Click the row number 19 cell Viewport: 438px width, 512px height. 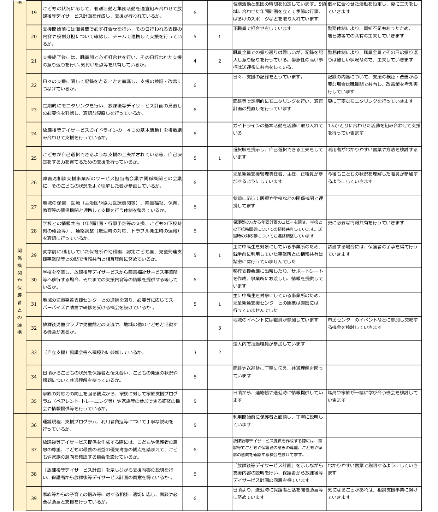34,13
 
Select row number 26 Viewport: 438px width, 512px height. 34,183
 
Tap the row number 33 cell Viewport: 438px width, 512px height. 34,353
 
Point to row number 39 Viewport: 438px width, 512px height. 34,498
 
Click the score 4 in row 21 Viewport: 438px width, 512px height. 195,61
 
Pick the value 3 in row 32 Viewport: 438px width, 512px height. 220,328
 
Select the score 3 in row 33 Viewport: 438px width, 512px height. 195,353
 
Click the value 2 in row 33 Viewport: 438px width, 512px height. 220,353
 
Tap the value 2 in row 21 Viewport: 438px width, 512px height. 220,61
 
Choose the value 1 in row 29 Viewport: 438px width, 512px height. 220,255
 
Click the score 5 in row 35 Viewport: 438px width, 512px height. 195,401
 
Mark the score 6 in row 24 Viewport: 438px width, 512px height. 195,134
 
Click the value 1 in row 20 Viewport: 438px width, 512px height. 220,37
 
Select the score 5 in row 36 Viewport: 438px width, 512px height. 195,425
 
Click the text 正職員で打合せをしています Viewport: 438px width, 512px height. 262,29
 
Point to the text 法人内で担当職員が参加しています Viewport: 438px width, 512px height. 269,344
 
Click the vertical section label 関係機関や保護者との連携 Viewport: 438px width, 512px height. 19,291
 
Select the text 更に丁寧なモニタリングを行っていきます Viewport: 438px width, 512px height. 370,101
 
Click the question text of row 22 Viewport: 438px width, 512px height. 112,85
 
